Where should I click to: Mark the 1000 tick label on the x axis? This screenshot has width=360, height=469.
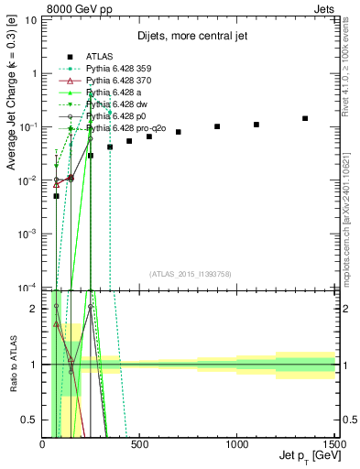(x=237, y=444)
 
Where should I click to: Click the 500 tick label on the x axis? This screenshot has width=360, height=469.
(x=140, y=444)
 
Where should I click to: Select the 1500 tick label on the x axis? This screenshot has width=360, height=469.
(x=334, y=444)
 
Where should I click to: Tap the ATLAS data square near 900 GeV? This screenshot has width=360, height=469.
(x=217, y=126)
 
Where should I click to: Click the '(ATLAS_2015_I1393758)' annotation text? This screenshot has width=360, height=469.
(x=189, y=273)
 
